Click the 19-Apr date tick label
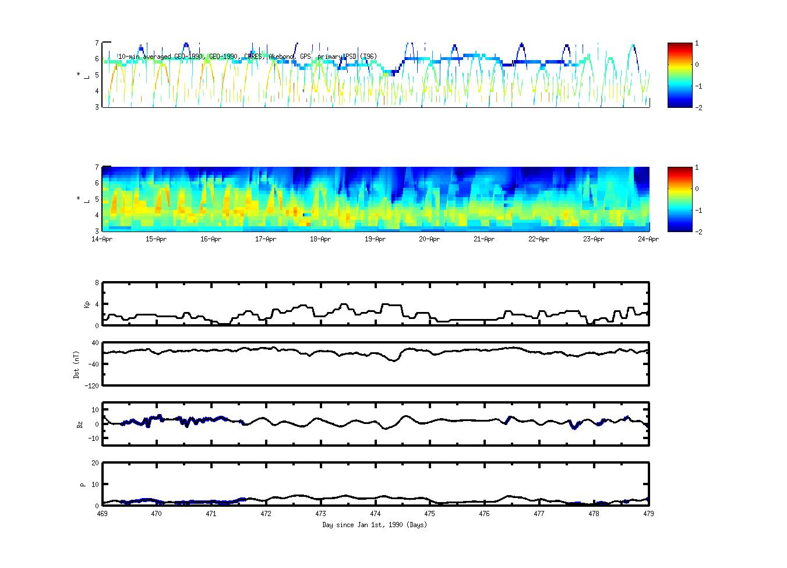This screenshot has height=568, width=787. tap(375, 239)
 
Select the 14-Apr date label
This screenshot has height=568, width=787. tap(102, 239)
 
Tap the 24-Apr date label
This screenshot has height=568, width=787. tap(648, 239)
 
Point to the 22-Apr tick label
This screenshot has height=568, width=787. tap(539, 239)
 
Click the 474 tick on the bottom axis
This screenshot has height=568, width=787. tap(375, 514)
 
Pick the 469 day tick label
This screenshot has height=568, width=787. tap(102, 514)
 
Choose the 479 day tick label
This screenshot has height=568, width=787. tap(648, 514)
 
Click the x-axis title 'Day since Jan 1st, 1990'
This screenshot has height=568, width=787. tap(375, 525)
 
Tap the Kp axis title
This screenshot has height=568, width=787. tap(87, 304)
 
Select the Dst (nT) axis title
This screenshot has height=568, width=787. tap(76, 364)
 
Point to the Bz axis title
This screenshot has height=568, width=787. tap(80, 425)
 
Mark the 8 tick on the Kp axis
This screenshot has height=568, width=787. tap(97, 283)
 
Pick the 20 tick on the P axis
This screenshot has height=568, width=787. tap(95, 463)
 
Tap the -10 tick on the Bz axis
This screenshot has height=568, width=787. tap(93, 439)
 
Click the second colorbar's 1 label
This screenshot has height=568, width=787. tap(697, 168)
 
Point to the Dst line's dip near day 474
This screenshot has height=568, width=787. tap(394, 361)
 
